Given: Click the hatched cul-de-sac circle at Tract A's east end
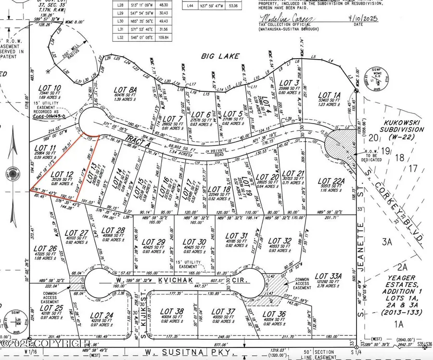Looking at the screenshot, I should (x=338, y=143).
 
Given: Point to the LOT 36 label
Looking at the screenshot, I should (x=275, y=315).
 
